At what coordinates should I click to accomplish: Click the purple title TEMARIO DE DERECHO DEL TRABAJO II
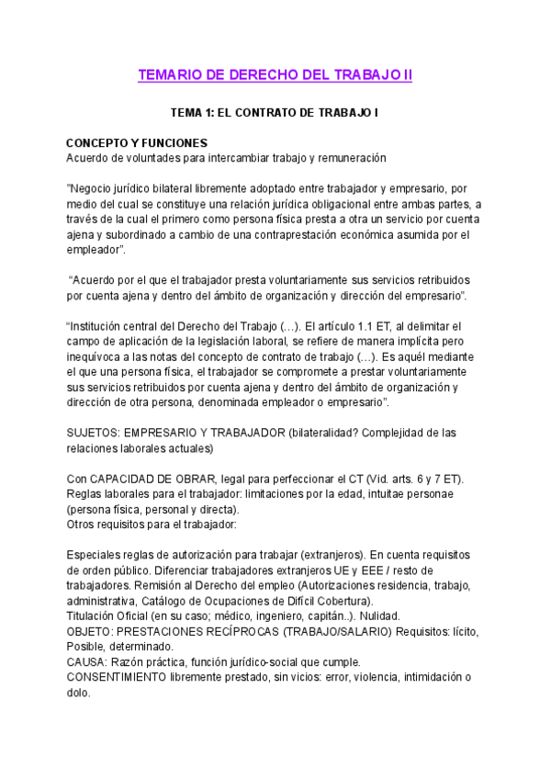[275, 75]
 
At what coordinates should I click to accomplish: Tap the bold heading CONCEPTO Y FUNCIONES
[137, 143]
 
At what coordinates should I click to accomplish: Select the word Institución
[98, 326]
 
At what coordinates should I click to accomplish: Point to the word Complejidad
[391, 433]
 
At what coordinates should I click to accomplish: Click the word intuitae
[365, 494]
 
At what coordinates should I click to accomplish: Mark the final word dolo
[79, 693]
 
